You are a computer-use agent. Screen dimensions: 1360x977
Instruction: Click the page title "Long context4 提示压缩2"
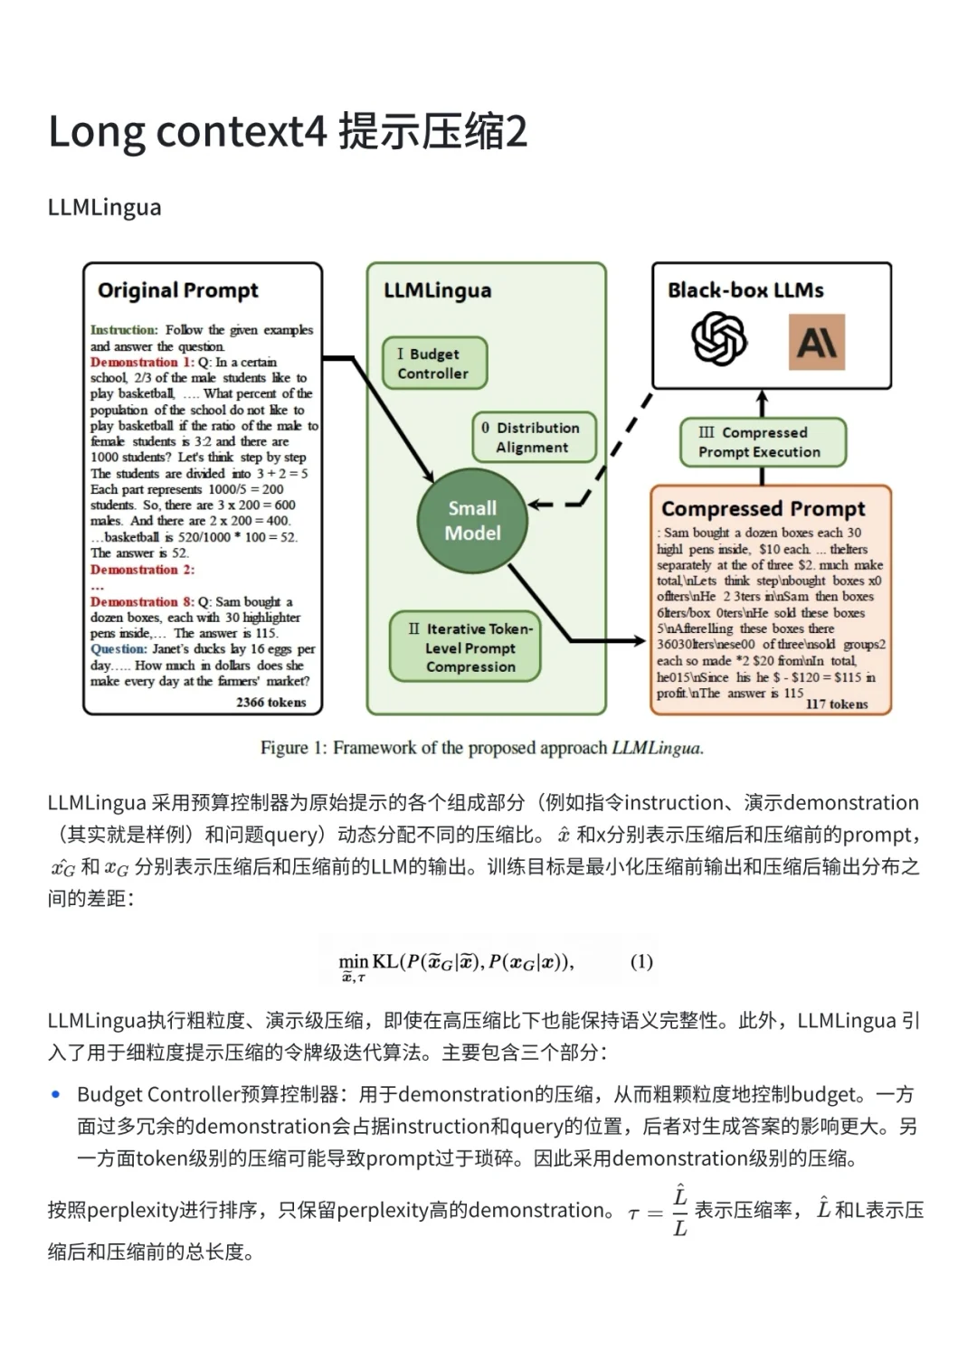[287, 132]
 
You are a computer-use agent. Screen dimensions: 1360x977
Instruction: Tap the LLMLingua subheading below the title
[104, 207]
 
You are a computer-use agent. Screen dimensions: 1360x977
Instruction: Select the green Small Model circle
[472, 521]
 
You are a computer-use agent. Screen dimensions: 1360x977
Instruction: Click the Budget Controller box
[434, 364]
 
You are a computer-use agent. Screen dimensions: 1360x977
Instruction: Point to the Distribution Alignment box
[534, 438]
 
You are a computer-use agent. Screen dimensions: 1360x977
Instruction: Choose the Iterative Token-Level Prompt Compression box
[465, 647]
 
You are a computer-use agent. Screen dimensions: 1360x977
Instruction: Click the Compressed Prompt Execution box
[762, 442]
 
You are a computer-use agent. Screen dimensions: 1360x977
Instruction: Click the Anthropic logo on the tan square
[816, 342]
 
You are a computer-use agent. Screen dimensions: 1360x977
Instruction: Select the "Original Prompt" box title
[178, 290]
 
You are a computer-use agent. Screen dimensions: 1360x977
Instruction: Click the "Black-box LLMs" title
[745, 290]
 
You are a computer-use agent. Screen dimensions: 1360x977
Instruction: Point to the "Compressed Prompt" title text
[763, 508]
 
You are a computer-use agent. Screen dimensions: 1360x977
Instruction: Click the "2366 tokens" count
[270, 702]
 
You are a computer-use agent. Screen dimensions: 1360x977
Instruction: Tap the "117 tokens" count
[836, 704]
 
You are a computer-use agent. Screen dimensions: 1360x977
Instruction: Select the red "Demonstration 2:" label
[142, 570]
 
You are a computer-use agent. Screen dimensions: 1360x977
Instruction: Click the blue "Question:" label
[118, 649]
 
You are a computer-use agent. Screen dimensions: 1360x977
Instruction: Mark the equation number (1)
[641, 961]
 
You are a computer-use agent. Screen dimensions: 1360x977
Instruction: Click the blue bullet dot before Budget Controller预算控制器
[56, 1094]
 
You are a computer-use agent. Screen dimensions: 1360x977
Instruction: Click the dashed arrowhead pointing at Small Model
[536, 504]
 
